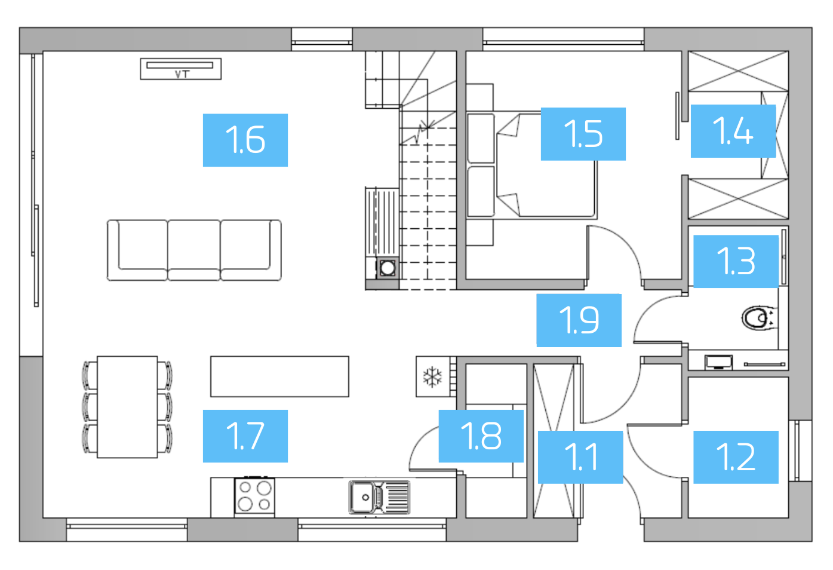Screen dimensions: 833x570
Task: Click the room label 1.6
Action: [x=245, y=140]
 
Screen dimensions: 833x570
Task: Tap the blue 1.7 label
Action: [x=245, y=436]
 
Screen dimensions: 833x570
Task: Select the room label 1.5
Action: [x=583, y=134]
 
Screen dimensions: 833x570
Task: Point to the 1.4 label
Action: [x=733, y=131]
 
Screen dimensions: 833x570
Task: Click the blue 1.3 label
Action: [x=736, y=261]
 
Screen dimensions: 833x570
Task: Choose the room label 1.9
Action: [x=579, y=320]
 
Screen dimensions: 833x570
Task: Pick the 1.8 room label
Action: [x=481, y=436]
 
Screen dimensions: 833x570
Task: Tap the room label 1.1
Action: [x=580, y=457]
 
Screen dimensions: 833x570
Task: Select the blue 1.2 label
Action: [x=736, y=457]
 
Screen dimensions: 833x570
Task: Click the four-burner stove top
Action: [x=255, y=497]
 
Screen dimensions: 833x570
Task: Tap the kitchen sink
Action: [x=379, y=498]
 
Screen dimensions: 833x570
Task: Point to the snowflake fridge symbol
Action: [x=432, y=377]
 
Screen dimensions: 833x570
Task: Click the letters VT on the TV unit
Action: [x=182, y=74]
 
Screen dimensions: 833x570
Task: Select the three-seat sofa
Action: [x=194, y=250]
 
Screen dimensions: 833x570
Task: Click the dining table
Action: [x=127, y=407]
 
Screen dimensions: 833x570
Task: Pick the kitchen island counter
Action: [x=279, y=376]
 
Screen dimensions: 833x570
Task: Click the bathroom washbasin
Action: [x=718, y=361]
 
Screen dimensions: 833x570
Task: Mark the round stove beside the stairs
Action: [x=388, y=268]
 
